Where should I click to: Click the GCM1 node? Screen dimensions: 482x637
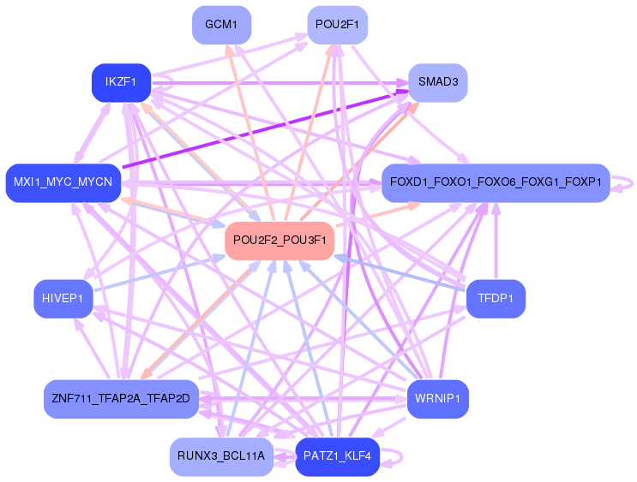(222, 25)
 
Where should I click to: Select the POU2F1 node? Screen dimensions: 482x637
(337, 25)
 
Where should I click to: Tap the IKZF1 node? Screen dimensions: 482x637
(121, 82)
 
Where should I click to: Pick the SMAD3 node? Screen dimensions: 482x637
(437, 82)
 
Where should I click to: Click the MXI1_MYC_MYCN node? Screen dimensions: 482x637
(63, 182)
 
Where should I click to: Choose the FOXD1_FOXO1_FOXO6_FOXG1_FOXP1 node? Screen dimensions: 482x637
(495, 182)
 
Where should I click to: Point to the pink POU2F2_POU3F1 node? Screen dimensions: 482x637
(279, 241)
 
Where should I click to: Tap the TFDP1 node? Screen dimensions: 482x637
(495, 298)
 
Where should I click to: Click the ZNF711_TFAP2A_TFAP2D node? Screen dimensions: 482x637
(121, 399)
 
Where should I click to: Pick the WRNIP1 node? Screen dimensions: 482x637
(437, 399)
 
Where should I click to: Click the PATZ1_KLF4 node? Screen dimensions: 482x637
(337, 456)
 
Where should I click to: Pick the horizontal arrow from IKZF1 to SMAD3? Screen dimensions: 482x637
(274, 82)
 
